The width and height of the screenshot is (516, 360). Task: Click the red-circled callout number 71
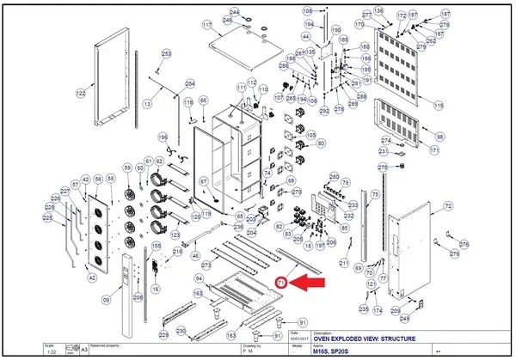pos(281,281)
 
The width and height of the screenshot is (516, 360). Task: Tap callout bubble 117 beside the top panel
pos(206,26)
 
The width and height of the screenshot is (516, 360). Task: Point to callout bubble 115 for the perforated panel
pos(439,106)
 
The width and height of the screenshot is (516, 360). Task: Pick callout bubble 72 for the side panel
pos(447,207)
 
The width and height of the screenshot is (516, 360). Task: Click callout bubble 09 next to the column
pos(107,301)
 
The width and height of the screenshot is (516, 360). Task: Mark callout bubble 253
pos(166,54)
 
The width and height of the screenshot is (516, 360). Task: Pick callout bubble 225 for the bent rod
pos(48,219)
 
